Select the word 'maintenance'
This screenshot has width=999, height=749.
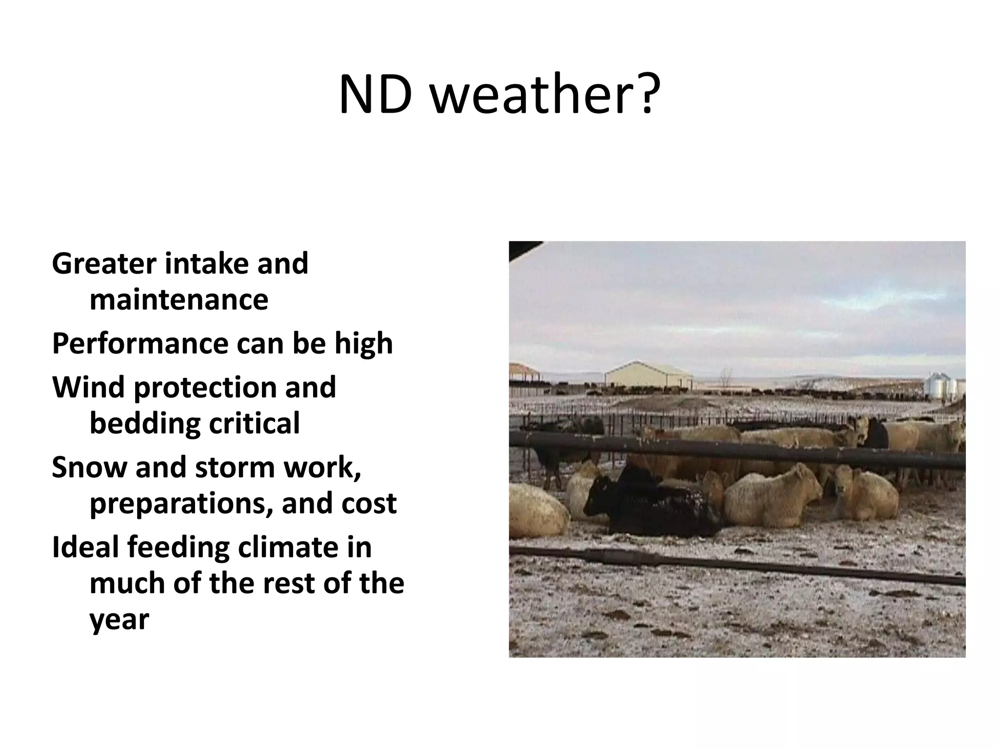[179, 299]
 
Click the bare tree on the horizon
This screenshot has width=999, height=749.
[726, 378]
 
